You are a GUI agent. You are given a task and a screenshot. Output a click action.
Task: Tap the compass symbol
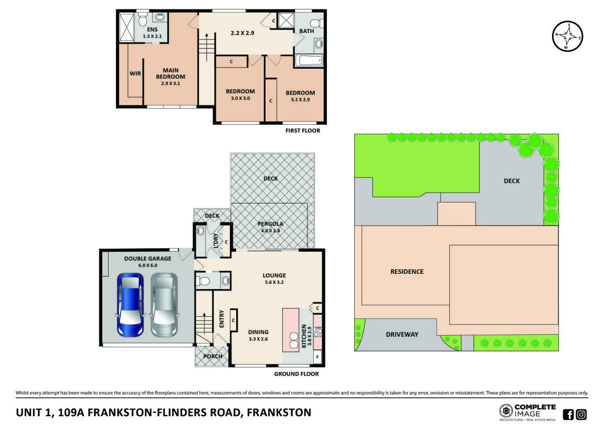[x=567, y=36]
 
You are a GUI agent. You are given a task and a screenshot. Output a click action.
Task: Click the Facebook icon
[x=568, y=414]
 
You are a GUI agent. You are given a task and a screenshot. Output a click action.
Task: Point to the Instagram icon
[x=581, y=414]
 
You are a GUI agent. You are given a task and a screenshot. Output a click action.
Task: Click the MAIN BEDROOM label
[x=171, y=73]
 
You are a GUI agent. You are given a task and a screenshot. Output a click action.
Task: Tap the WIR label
[x=135, y=73]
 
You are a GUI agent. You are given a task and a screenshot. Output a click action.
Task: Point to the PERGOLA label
[x=270, y=224]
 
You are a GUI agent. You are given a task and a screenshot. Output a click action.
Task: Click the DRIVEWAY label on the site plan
[x=402, y=334]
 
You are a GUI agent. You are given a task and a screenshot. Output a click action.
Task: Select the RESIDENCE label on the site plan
[x=407, y=271]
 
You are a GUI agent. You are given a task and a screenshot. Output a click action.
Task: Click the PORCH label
[x=213, y=356]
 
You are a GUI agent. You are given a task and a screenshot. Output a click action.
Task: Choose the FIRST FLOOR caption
[x=302, y=131]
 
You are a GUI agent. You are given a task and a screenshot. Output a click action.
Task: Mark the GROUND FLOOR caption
[x=296, y=374]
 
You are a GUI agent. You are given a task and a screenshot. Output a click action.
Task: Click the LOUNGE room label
[x=274, y=275]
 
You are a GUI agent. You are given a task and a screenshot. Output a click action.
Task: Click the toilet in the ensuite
[x=142, y=19]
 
